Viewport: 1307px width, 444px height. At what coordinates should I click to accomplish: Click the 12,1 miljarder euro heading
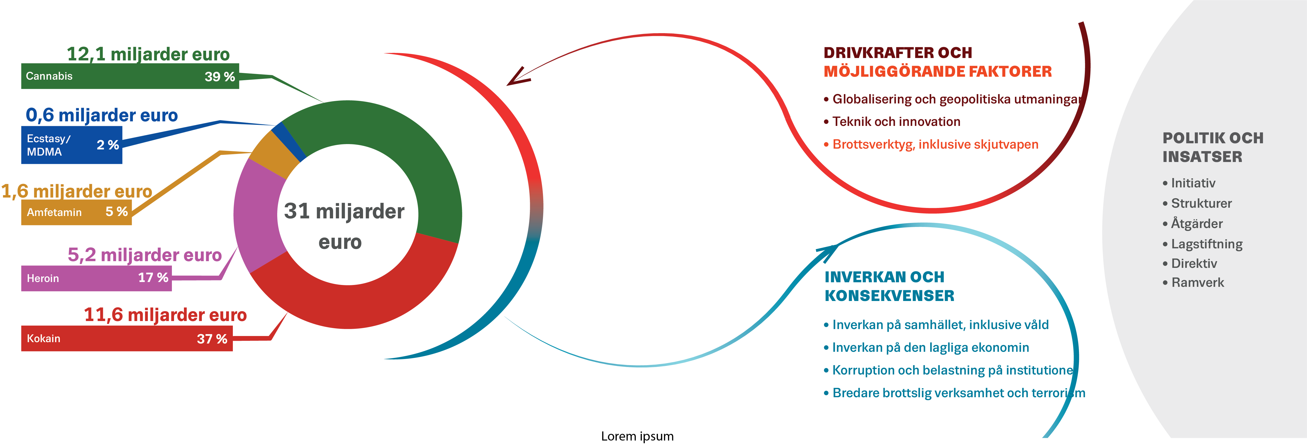[148, 54]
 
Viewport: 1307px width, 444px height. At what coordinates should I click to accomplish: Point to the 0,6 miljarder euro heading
[102, 115]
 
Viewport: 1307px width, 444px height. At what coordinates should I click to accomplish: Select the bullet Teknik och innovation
[896, 122]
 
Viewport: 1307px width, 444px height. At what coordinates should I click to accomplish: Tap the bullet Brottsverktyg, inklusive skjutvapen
[935, 145]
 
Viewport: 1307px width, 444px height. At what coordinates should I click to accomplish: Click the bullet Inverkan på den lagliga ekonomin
[931, 348]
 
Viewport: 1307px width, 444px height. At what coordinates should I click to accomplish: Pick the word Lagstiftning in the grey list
[1206, 244]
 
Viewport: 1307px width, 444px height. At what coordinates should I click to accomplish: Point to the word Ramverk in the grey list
[1197, 283]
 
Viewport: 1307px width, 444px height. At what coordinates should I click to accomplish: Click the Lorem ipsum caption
[637, 437]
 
